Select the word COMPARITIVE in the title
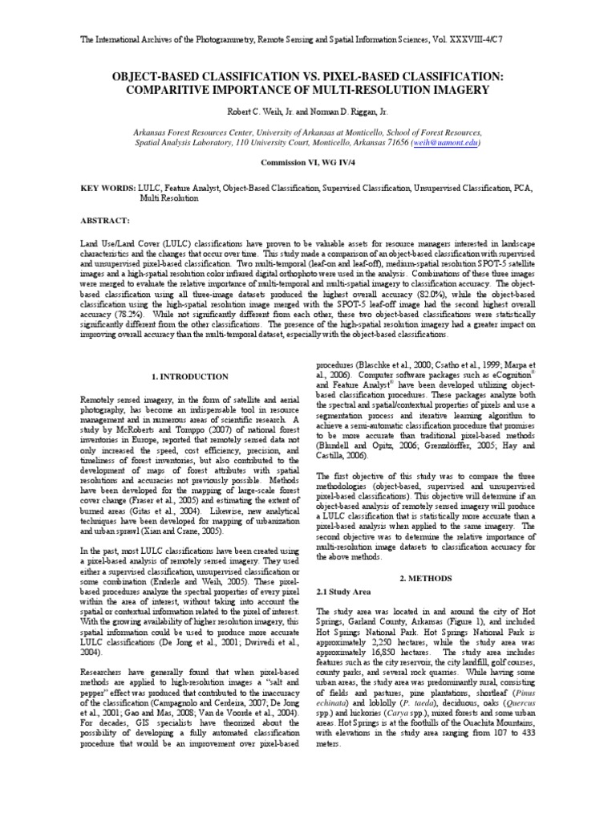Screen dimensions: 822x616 click(180, 89)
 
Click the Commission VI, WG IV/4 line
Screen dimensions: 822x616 click(307, 161)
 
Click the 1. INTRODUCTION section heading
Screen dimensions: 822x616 click(191, 376)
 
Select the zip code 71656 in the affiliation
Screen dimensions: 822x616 click(392, 141)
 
